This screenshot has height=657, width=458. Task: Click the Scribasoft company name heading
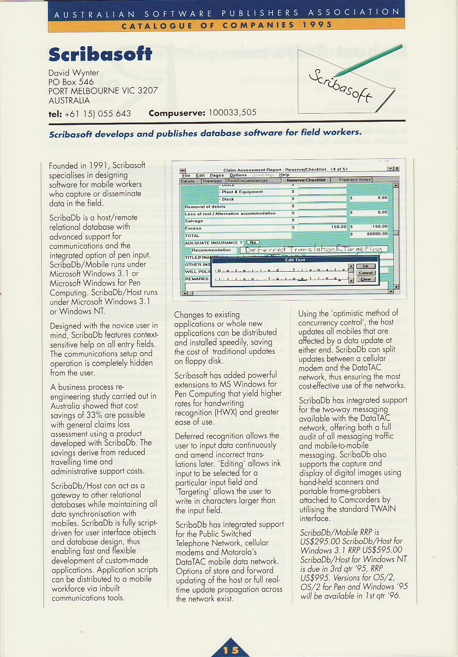tap(100, 54)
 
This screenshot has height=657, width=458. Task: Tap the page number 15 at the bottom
tap(231, 650)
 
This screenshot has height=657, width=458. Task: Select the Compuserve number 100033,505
tap(232, 113)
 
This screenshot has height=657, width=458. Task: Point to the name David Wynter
tap(74, 72)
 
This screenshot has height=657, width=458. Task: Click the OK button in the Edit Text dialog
tap(366, 266)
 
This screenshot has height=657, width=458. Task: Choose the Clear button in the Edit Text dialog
tap(366, 279)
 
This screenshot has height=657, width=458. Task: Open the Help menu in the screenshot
tap(284, 175)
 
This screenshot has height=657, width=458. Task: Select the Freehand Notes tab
tap(355, 180)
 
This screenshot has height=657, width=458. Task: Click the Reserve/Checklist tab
tap(306, 180)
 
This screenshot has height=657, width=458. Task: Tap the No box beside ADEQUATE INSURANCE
tap(253, 242)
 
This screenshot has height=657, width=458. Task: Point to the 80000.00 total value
tap(377, 234)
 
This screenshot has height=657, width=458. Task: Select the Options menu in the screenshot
tap(238, 175)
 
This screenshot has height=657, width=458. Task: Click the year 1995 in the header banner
tap(317, 25)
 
